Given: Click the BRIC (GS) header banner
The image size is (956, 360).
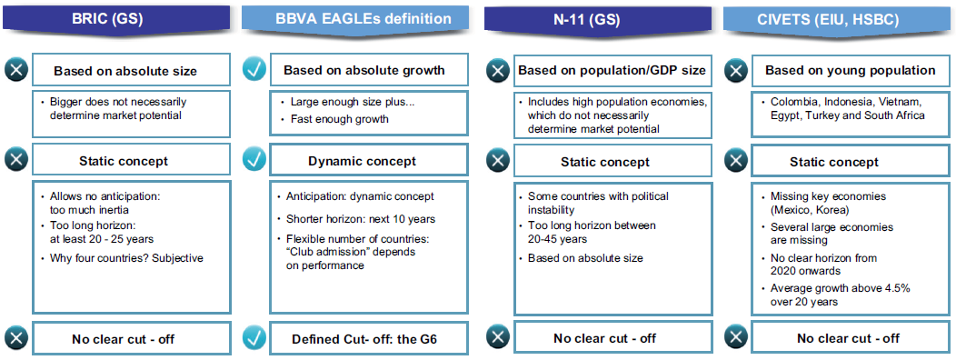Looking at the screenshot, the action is click(115, 17).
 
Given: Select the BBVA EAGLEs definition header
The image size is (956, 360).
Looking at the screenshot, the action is click(355, 17).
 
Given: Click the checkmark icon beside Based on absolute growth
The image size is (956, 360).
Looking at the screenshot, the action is click(254, 70).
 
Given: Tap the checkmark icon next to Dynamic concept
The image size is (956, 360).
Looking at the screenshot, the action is click(254, 161).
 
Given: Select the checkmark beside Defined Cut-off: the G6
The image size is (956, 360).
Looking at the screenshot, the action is click(254, 337).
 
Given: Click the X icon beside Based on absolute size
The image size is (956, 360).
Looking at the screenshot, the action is click(16, 70).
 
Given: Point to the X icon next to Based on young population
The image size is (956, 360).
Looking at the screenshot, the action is click(736, 70).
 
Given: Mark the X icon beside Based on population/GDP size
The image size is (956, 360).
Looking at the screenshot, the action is click(498, 70).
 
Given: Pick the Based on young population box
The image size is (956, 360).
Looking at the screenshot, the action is click(850, 70).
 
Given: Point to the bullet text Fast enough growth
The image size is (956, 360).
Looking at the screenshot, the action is click(339, 119).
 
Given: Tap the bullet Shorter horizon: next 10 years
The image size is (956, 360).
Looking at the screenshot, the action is click(361, 218).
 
